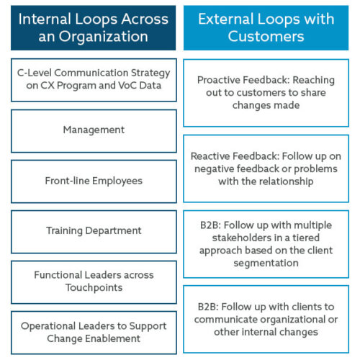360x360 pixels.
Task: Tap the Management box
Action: coord(94,130)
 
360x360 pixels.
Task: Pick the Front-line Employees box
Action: coord(94,181)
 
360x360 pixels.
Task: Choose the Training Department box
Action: coord(94,231)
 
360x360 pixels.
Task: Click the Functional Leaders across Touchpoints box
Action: coord(94,282)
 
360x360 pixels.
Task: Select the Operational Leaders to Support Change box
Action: coord(94,332)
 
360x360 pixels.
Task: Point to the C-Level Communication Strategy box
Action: coord(94,79)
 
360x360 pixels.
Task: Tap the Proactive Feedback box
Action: coord(266,92)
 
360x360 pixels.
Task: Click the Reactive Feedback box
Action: coord(266,168)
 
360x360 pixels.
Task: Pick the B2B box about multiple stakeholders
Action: coord(266,243)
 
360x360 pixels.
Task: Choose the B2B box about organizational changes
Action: coord(266,319)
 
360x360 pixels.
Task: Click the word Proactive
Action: coord(220,79)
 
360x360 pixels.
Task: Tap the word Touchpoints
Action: coord(94,288)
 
